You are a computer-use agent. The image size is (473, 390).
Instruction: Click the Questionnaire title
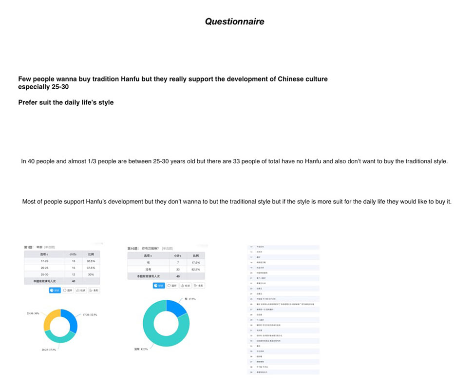234,21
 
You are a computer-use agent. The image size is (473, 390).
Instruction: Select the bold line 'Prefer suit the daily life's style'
66,102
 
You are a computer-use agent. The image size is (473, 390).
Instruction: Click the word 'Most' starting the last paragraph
29,202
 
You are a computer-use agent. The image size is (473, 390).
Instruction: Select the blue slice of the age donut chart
70,319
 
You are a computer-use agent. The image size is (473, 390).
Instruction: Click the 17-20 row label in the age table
44,261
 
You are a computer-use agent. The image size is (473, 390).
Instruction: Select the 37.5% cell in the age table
91,268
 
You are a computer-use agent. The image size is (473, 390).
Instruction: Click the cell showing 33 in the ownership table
178,270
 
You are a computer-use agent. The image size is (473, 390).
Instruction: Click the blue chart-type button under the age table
55,290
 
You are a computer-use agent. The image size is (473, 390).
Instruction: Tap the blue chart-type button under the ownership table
158,285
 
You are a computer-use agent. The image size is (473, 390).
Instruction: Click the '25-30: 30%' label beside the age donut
33,313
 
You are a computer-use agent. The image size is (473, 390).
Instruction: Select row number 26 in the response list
251,304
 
